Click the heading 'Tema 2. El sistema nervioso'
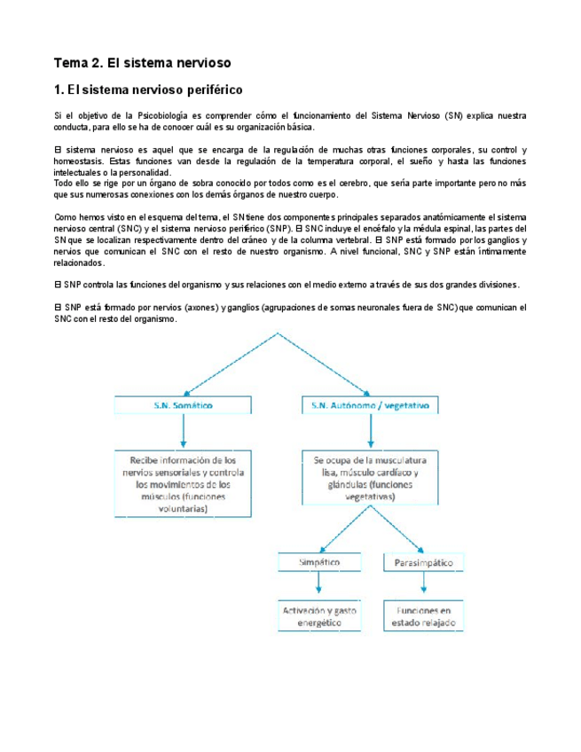[143, 63]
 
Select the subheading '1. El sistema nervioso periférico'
[148, 90]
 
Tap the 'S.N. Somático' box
[182, 405]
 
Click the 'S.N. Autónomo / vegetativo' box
[370, 405]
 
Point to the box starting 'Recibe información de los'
[183, 485]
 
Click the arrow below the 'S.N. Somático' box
[182, 432]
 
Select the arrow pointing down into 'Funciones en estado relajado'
[423, 585]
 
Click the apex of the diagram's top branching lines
[279, 335]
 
